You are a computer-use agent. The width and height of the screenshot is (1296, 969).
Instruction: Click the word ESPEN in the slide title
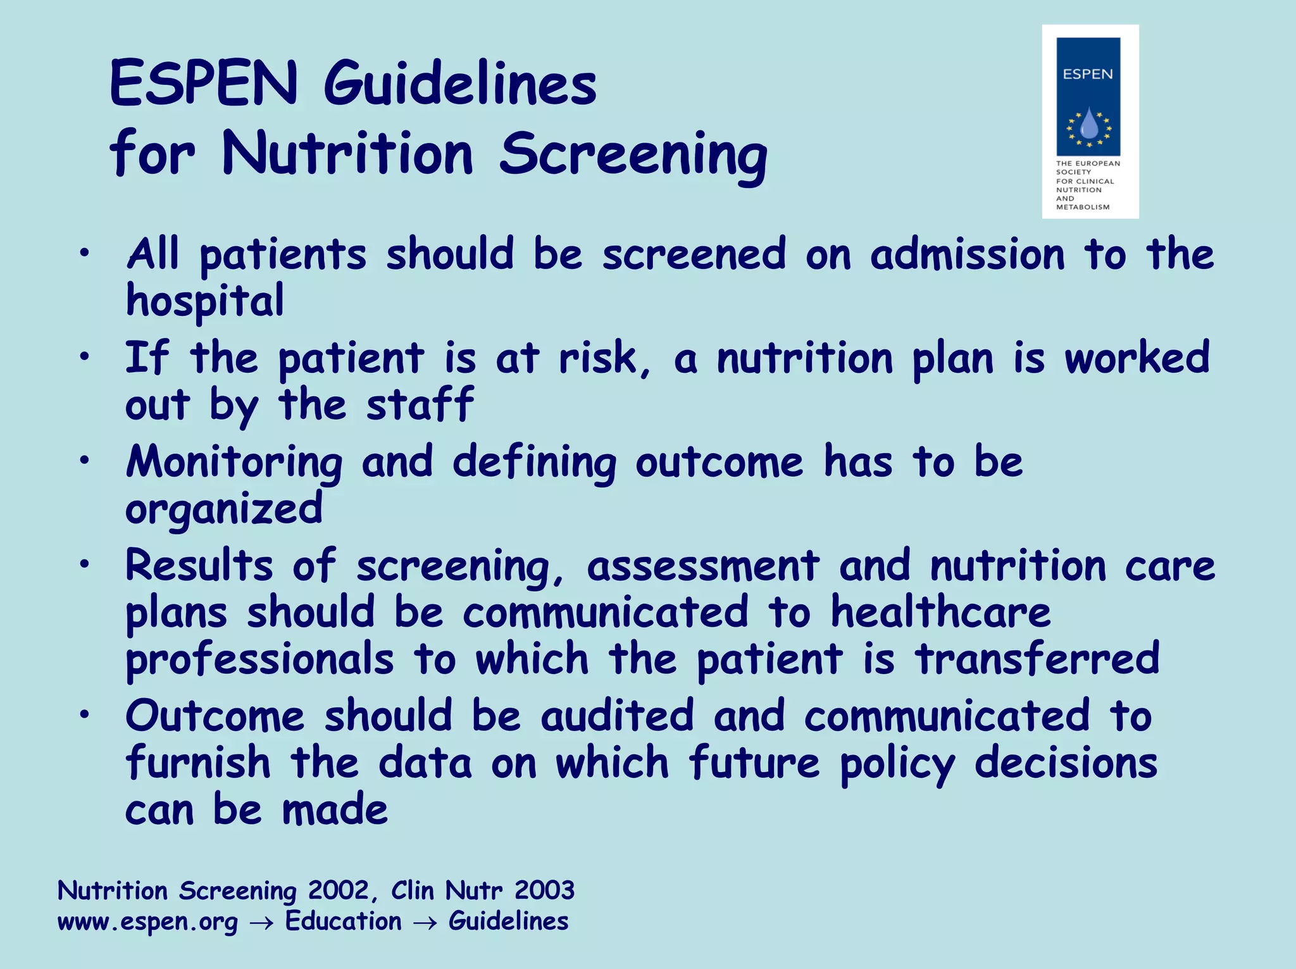203,84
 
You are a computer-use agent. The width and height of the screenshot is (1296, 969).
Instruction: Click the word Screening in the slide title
633,156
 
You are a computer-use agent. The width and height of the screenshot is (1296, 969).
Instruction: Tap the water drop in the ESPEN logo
1088,124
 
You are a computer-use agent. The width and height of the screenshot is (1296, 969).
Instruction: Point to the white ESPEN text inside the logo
1088,74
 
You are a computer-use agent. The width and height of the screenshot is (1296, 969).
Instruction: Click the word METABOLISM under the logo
1083,207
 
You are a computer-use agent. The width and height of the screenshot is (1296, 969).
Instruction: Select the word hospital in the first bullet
205,301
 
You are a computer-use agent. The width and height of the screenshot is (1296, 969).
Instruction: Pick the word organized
224,510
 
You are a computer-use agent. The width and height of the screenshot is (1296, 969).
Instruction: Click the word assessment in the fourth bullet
703,566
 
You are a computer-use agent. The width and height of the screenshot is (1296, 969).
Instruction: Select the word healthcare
940,613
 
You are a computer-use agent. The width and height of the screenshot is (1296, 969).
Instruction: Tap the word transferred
1037,659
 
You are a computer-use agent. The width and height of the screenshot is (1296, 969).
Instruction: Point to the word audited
618,716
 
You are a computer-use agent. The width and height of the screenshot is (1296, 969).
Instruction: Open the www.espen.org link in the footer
147,922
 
